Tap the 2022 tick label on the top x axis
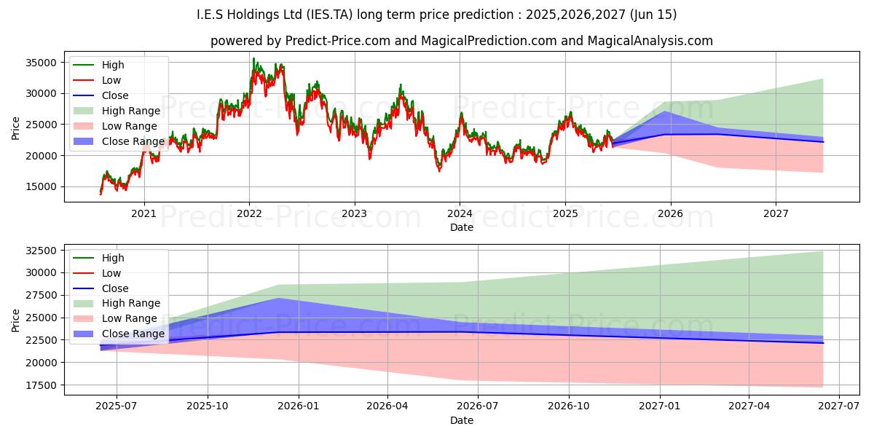pyautogui.click(x=249, y=213)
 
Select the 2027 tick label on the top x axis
pyautogui.click(x=776, y=213)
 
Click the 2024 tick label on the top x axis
pyautogui.click(x=460, y=213)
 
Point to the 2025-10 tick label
pyautogui.click(x=208, y=406)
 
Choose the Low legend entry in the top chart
pyautogui.click(x=111, y=80)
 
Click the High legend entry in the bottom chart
pyautogui.click(x=113, y=258)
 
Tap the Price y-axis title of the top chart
pyautogui.click(x=16, y=128)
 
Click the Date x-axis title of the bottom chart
pyautogui.click(x=462, y=420)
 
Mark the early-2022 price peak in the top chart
pyautogui.click(x=253, y=59)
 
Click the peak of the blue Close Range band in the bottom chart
pyautogui.click(x=278, y=299)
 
